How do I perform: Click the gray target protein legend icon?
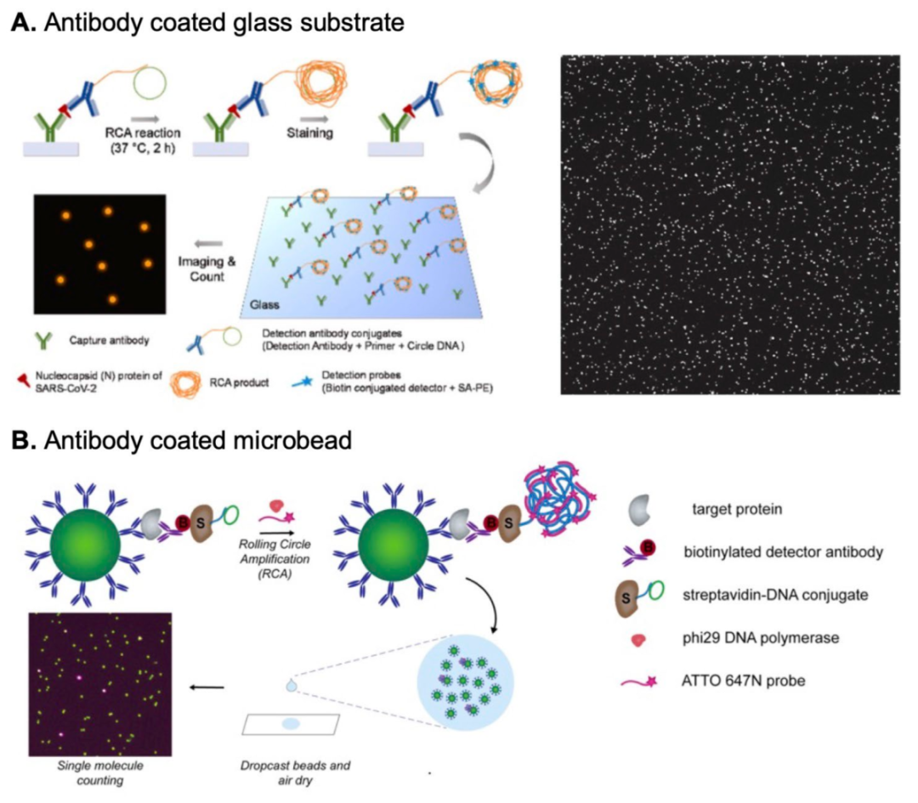tap(645, 512)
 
